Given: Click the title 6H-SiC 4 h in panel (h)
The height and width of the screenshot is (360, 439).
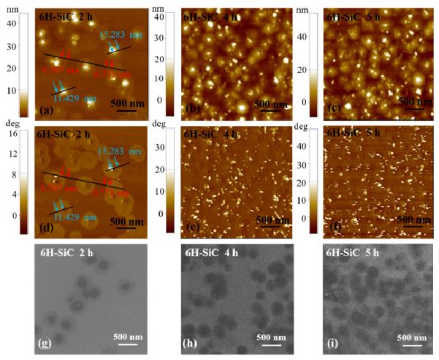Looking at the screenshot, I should [x=211, y=252].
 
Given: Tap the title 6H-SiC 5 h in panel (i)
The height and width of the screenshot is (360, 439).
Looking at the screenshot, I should [x=353, y=252].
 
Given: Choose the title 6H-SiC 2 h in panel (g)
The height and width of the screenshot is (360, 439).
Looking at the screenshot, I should [x=67, y=252].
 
